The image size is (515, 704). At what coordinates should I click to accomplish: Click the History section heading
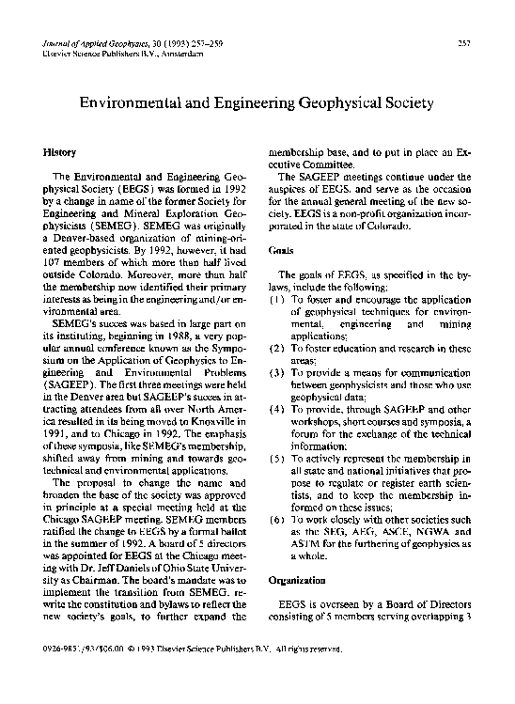pos(60,150)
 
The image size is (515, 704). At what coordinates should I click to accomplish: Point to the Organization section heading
pos(296,581)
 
